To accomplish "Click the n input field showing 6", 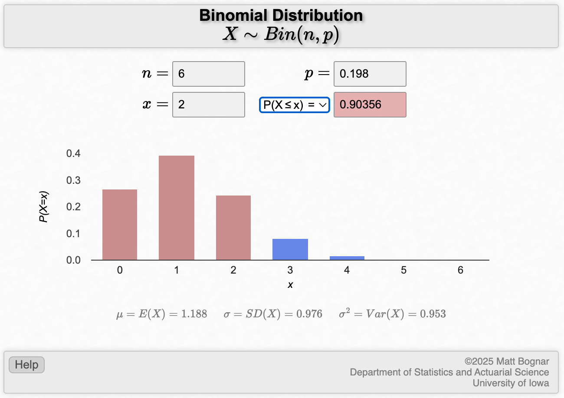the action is pos(209,74).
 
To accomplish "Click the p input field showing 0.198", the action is pos(370,74).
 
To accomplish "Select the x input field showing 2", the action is pos(209,104).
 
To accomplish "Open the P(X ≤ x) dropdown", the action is pos(294,104).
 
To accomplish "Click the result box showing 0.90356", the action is pos(370,104).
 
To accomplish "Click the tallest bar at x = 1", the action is pos(177,208).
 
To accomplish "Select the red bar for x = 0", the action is pos(120,225).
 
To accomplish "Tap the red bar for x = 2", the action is pos(233,228).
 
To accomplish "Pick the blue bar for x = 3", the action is pos(290,249).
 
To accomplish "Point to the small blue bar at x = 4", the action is pos(347,258).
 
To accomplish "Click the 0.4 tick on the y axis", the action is pos(73,153).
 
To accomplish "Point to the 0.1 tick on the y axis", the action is pos(73,233).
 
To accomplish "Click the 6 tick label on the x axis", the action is pos(460,270).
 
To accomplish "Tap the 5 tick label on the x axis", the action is pos(403,270).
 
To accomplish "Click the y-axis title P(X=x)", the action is pos(44,206).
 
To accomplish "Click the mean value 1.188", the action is pos(194,314).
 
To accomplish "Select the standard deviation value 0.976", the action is pos(309,314).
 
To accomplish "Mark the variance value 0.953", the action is pos(433,314).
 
